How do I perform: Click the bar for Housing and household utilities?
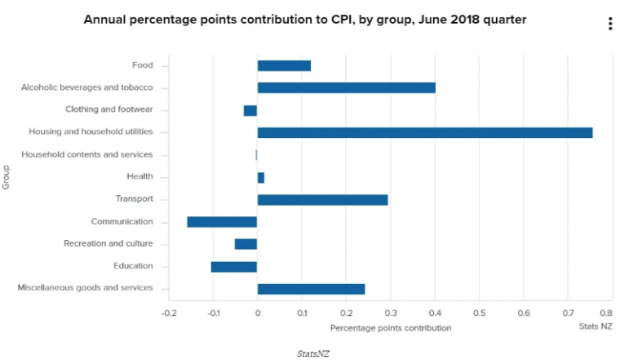coord(424,132)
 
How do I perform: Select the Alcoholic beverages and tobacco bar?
coord(346,87)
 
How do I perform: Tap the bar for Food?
coord(284,65)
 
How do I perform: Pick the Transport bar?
coord(322,199)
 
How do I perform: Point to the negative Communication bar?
coord(222,221)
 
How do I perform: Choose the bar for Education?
coord(234,266)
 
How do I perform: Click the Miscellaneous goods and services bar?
coord(311,288)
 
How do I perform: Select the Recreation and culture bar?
coord(246,243)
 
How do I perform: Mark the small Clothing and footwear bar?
coord(250,110)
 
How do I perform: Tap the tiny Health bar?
coord(261,177)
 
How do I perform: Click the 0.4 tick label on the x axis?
coord(435,313)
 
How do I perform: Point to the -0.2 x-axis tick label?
coord(168,313)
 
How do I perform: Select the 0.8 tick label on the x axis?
coord(607,313)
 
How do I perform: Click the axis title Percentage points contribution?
coord(391,327)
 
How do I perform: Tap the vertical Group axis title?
coord(7,176)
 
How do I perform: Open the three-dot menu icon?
coord(610,24)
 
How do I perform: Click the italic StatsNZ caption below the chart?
coord(312,353)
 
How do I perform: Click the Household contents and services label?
coord(87,154)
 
